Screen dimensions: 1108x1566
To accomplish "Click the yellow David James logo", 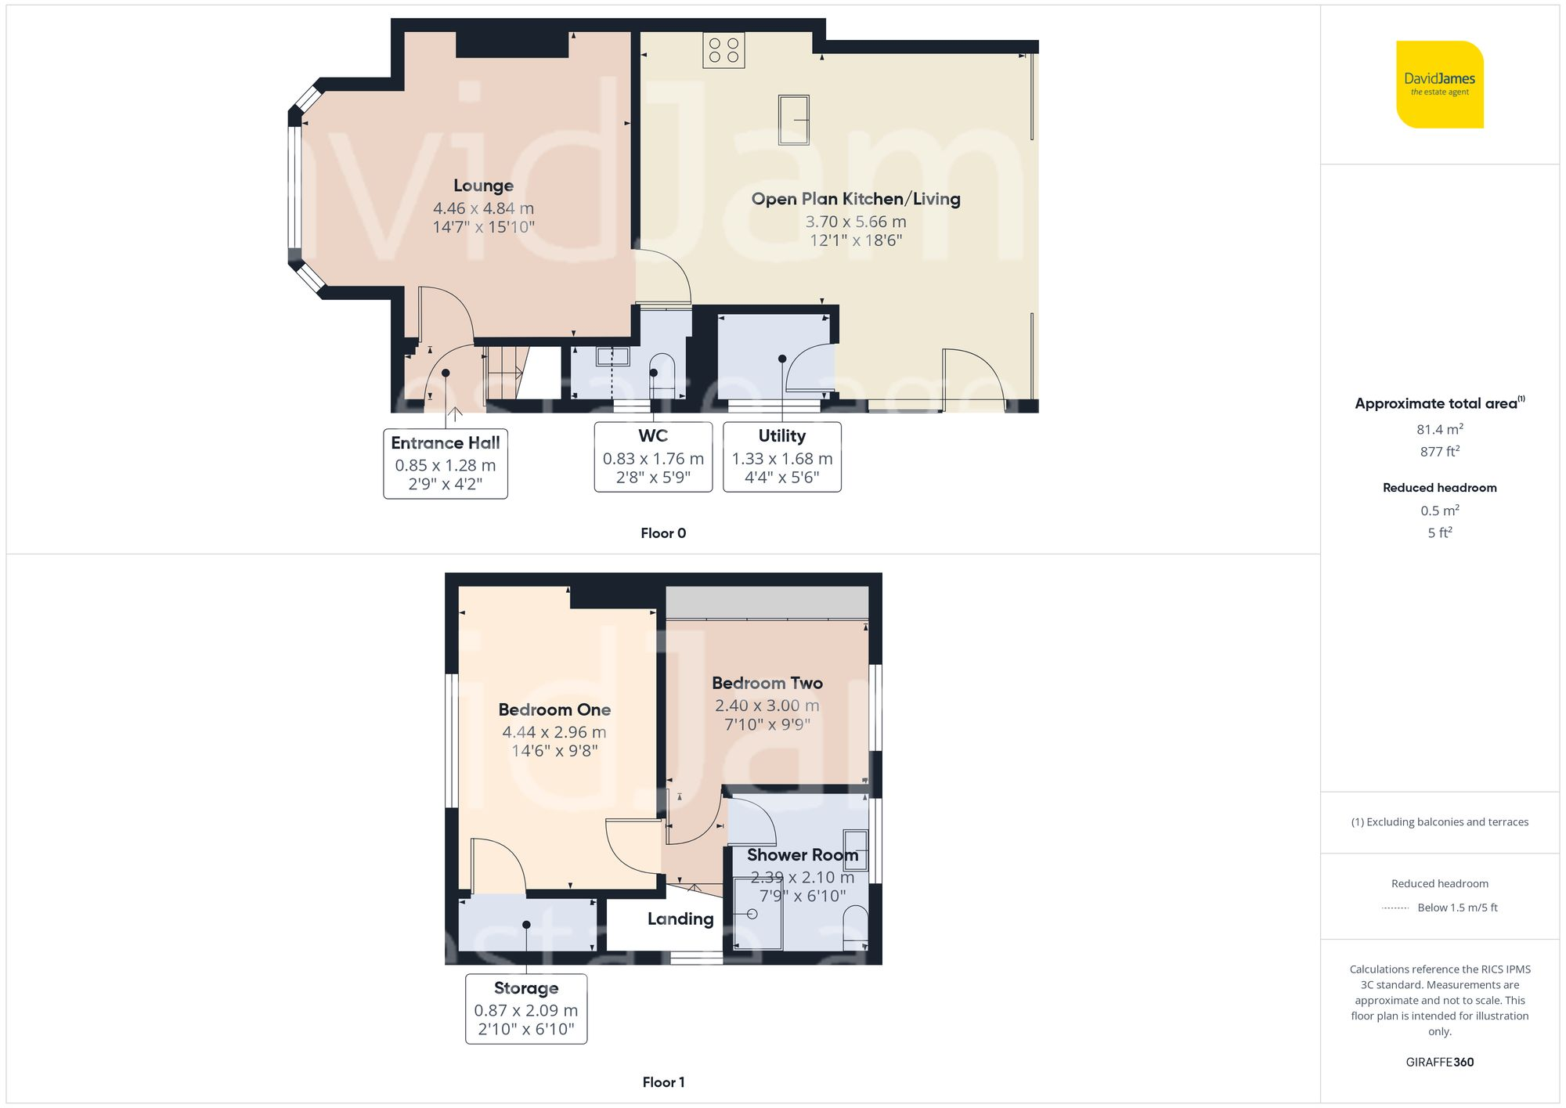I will pyautogui.click(x=1439, y=85).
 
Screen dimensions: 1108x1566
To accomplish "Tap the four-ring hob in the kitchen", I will pyautogui.click(x=723, y=50).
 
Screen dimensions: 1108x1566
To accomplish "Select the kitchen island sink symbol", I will pyautogui.click(x=793, y=120).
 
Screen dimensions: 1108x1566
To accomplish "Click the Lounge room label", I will pyautogui.click(x=483, y=186).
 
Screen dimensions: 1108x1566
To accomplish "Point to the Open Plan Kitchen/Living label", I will pyautogui.click(x=855, y=199).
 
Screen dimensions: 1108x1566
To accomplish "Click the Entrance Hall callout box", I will pyautogui.click(x=445, y=463).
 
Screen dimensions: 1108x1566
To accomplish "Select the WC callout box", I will pyautogui.click(x=653, y=457).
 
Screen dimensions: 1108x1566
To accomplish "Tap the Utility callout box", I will pyautogui.click(x=781, y=457).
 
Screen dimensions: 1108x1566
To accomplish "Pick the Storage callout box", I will pyautogui.click(x=525, y=1008).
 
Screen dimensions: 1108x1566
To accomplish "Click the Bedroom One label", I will pyautogui.click(x=554, y=709).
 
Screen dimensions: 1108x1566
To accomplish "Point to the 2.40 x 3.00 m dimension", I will pyautogui.click(x=767, y=706).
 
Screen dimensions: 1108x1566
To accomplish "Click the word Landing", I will pyautogui.click(x=680, y=919).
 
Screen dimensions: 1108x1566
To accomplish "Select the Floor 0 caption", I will pyautogui.click(x=662, y=533).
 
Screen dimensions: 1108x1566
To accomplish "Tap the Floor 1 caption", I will pyautogui.click(x=662, y=1082).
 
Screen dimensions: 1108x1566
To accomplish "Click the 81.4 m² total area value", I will pyautogui.click(x=1439, y=429).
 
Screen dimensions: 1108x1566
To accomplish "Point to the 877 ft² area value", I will pyautogui.click(x=1439, y=452).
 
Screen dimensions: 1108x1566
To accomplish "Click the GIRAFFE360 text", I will pyautogui.click(x=1439, y=1062).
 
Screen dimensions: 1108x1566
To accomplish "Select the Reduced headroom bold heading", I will pyautogui.click(x=1439, y=487).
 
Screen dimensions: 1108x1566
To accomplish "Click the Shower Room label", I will pyautogui.click(x=802, y=855).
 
